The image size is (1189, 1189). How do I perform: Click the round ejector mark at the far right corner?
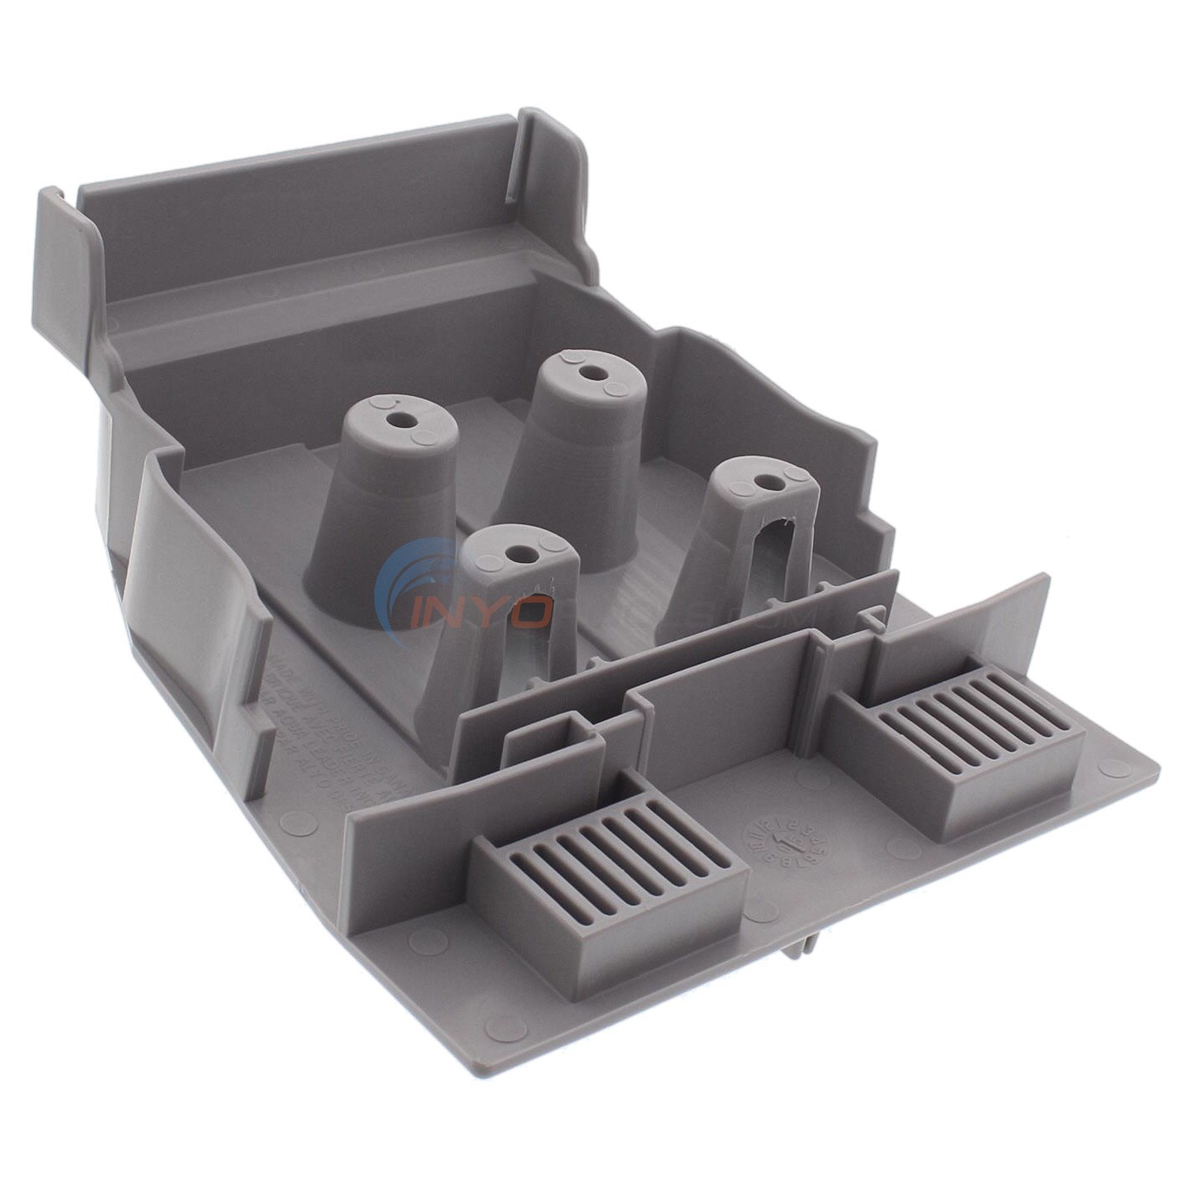pyautogui.click(x=1113, y=766)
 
